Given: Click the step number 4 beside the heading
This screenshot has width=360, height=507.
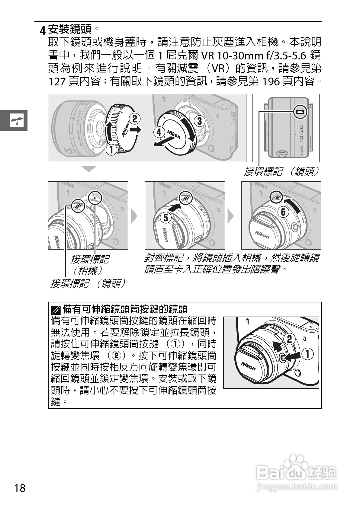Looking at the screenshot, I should [43, 30].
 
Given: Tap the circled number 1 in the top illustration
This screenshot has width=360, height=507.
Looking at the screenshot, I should [111, 149].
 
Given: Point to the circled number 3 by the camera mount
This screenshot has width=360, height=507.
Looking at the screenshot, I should [199, 121].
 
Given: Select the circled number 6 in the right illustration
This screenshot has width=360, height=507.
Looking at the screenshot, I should [283, 212].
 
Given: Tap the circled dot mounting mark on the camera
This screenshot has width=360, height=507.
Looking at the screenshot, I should [95, 198].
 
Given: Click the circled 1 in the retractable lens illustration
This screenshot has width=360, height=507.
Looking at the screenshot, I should [307, 353].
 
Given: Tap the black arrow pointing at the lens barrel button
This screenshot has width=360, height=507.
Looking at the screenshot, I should [292, 357].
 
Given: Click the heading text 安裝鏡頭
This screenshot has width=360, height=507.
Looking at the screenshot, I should [70, 29].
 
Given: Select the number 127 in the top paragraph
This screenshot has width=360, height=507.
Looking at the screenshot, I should [57, 81].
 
